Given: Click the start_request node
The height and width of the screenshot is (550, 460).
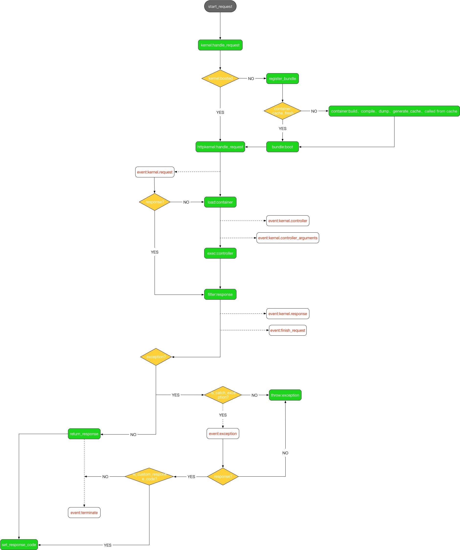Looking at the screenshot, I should click(x=220, y=7).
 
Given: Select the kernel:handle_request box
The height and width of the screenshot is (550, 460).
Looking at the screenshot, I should click(x=220, y=45).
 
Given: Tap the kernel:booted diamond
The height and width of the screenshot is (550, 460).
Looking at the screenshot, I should click(x=220, y=78).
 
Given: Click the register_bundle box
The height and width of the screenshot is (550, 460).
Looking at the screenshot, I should click(x=282, y=79).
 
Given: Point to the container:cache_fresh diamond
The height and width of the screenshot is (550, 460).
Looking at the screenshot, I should click(x=282, y=111).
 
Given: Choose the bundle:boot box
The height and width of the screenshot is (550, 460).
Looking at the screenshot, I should click(x=282, y=147).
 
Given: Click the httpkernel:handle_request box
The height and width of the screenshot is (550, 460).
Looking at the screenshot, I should click(x=220, y=147).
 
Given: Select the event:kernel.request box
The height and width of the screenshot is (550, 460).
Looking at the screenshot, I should click(x=155, y=172).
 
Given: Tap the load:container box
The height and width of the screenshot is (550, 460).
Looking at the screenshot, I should click(x=220, y=202).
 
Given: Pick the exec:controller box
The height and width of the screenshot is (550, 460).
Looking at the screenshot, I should click(x=220, y=253).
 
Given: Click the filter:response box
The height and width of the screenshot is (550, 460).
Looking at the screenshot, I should click(x=220, y=294).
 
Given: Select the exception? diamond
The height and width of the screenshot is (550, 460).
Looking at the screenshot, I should click(x=156, y=357).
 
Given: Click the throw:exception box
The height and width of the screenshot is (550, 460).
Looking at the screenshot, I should click(x=285, y=395).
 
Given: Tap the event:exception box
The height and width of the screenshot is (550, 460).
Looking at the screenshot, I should click(x=223, y=434).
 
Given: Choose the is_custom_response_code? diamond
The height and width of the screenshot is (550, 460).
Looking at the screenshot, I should click(x=149, y=476).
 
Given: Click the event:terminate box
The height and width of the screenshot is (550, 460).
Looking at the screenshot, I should click(x=84, y=513).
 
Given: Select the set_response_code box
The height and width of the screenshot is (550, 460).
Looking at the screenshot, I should click(x=19, y=545).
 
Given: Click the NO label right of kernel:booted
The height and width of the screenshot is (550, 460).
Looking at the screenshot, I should click(x=251, y=79).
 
